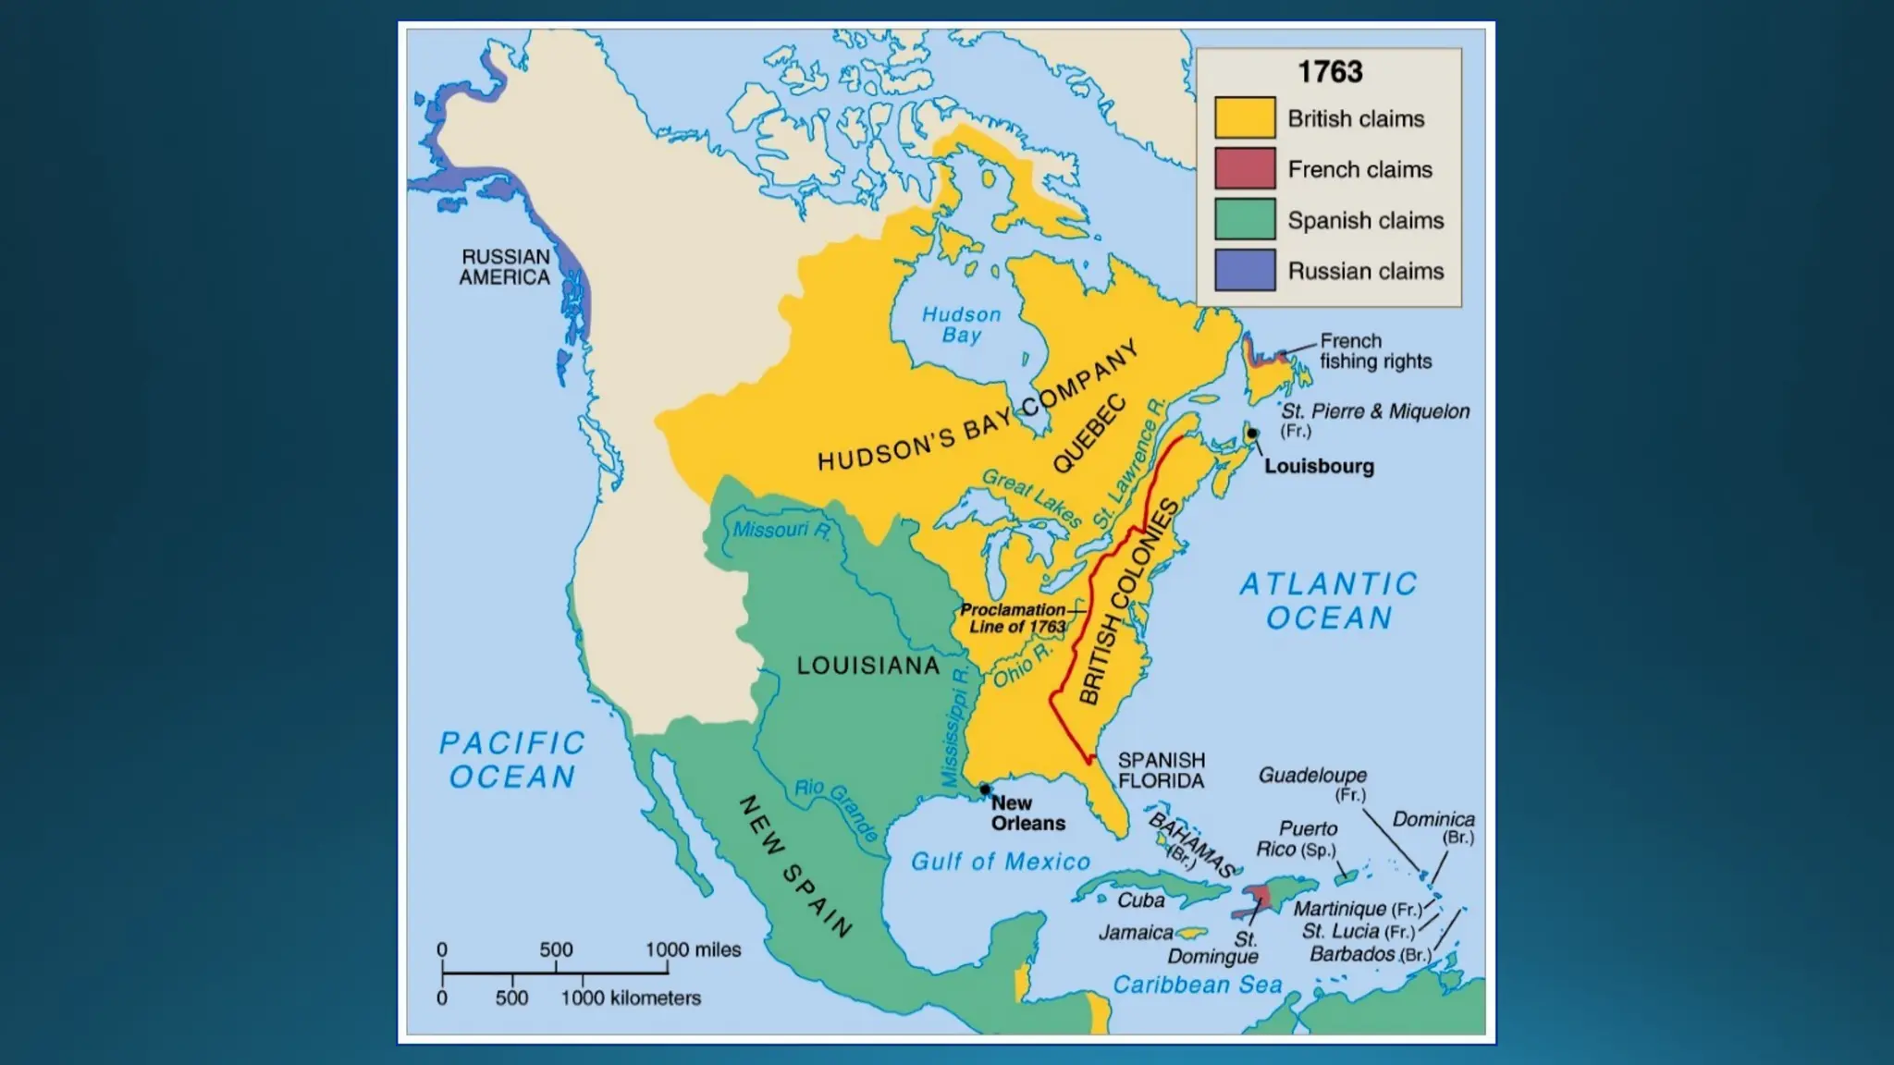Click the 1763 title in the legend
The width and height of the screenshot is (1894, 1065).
coord(1329,72)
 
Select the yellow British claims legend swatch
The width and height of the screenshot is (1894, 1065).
coord(1245,118)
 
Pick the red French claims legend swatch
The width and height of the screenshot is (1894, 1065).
coord(1245,169)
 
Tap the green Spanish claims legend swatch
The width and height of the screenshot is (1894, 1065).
coord(1245,220)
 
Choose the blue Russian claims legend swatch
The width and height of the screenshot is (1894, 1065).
coord(1245,270)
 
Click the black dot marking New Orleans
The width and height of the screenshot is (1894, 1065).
coord(985,790)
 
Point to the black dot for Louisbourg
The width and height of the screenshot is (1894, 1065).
coord(1251,434)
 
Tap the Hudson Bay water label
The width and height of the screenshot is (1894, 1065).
coord(962,324)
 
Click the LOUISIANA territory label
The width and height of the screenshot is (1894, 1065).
coord(867,666)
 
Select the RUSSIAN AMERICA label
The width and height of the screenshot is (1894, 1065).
coord(505,267)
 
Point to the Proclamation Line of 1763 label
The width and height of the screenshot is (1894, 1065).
coord(1014,618)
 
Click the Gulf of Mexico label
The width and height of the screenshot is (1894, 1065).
coord(1001,862)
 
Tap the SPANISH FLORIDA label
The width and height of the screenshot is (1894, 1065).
coord(1161,770)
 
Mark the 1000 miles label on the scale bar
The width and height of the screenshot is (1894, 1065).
coord(693,949)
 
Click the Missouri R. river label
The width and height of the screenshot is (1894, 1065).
coord(781,531)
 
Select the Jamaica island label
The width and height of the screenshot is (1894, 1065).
coord(1136,933)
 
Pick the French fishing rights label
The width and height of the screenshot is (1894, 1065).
coord(1375,351)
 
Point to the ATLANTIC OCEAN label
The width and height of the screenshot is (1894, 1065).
coord(1328,601)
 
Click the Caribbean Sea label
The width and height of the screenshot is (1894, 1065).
coord(1197,985)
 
